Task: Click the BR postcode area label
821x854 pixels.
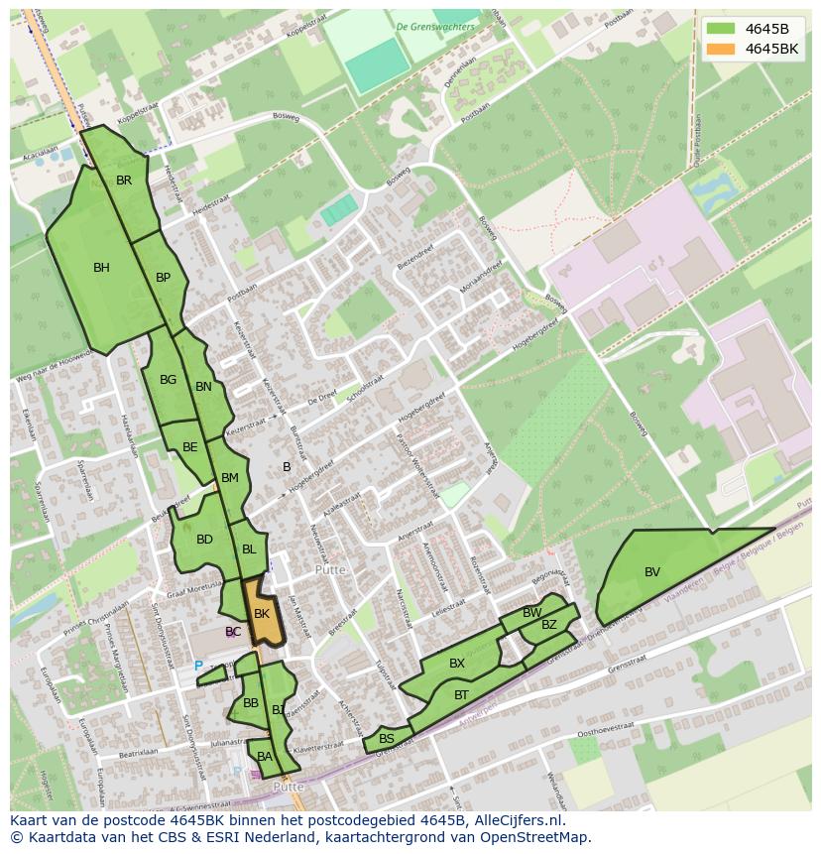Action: pyautogui.click(x=124, y=181)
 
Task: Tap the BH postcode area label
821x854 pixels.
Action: pyautogui.click(x=101, y=268)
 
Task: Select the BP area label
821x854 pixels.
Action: pyautogui.click(x=164, y=278)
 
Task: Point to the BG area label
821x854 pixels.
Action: pyautogui.click(x=168, y=380)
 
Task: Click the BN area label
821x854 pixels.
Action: pyautogui.click(x=203, y=387)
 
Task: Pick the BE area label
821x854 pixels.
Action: pyautogui.click(x=190, y=447)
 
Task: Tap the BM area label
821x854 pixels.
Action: pyautogui.click(x=230, y=478)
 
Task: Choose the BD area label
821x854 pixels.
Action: pyautogui.click(x=204, y=540)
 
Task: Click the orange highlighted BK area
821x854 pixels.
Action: pyautogui.click(x=262, y=615)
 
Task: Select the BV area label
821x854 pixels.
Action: pyautogui.click(x=652, y=572)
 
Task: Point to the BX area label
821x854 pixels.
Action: pyautogui.click(x=457, y=664)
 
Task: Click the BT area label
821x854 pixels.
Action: pyautogui.click(x=461, y=695)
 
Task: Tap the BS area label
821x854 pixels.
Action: pyautogui.click(x=387, y=739)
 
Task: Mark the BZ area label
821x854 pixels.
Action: pyautogui.click(x=549, y=625)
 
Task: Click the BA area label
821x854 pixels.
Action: pyautogui.click(x=264, y=757)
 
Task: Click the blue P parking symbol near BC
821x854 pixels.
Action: pyautogui.click(x=198, y=667)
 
